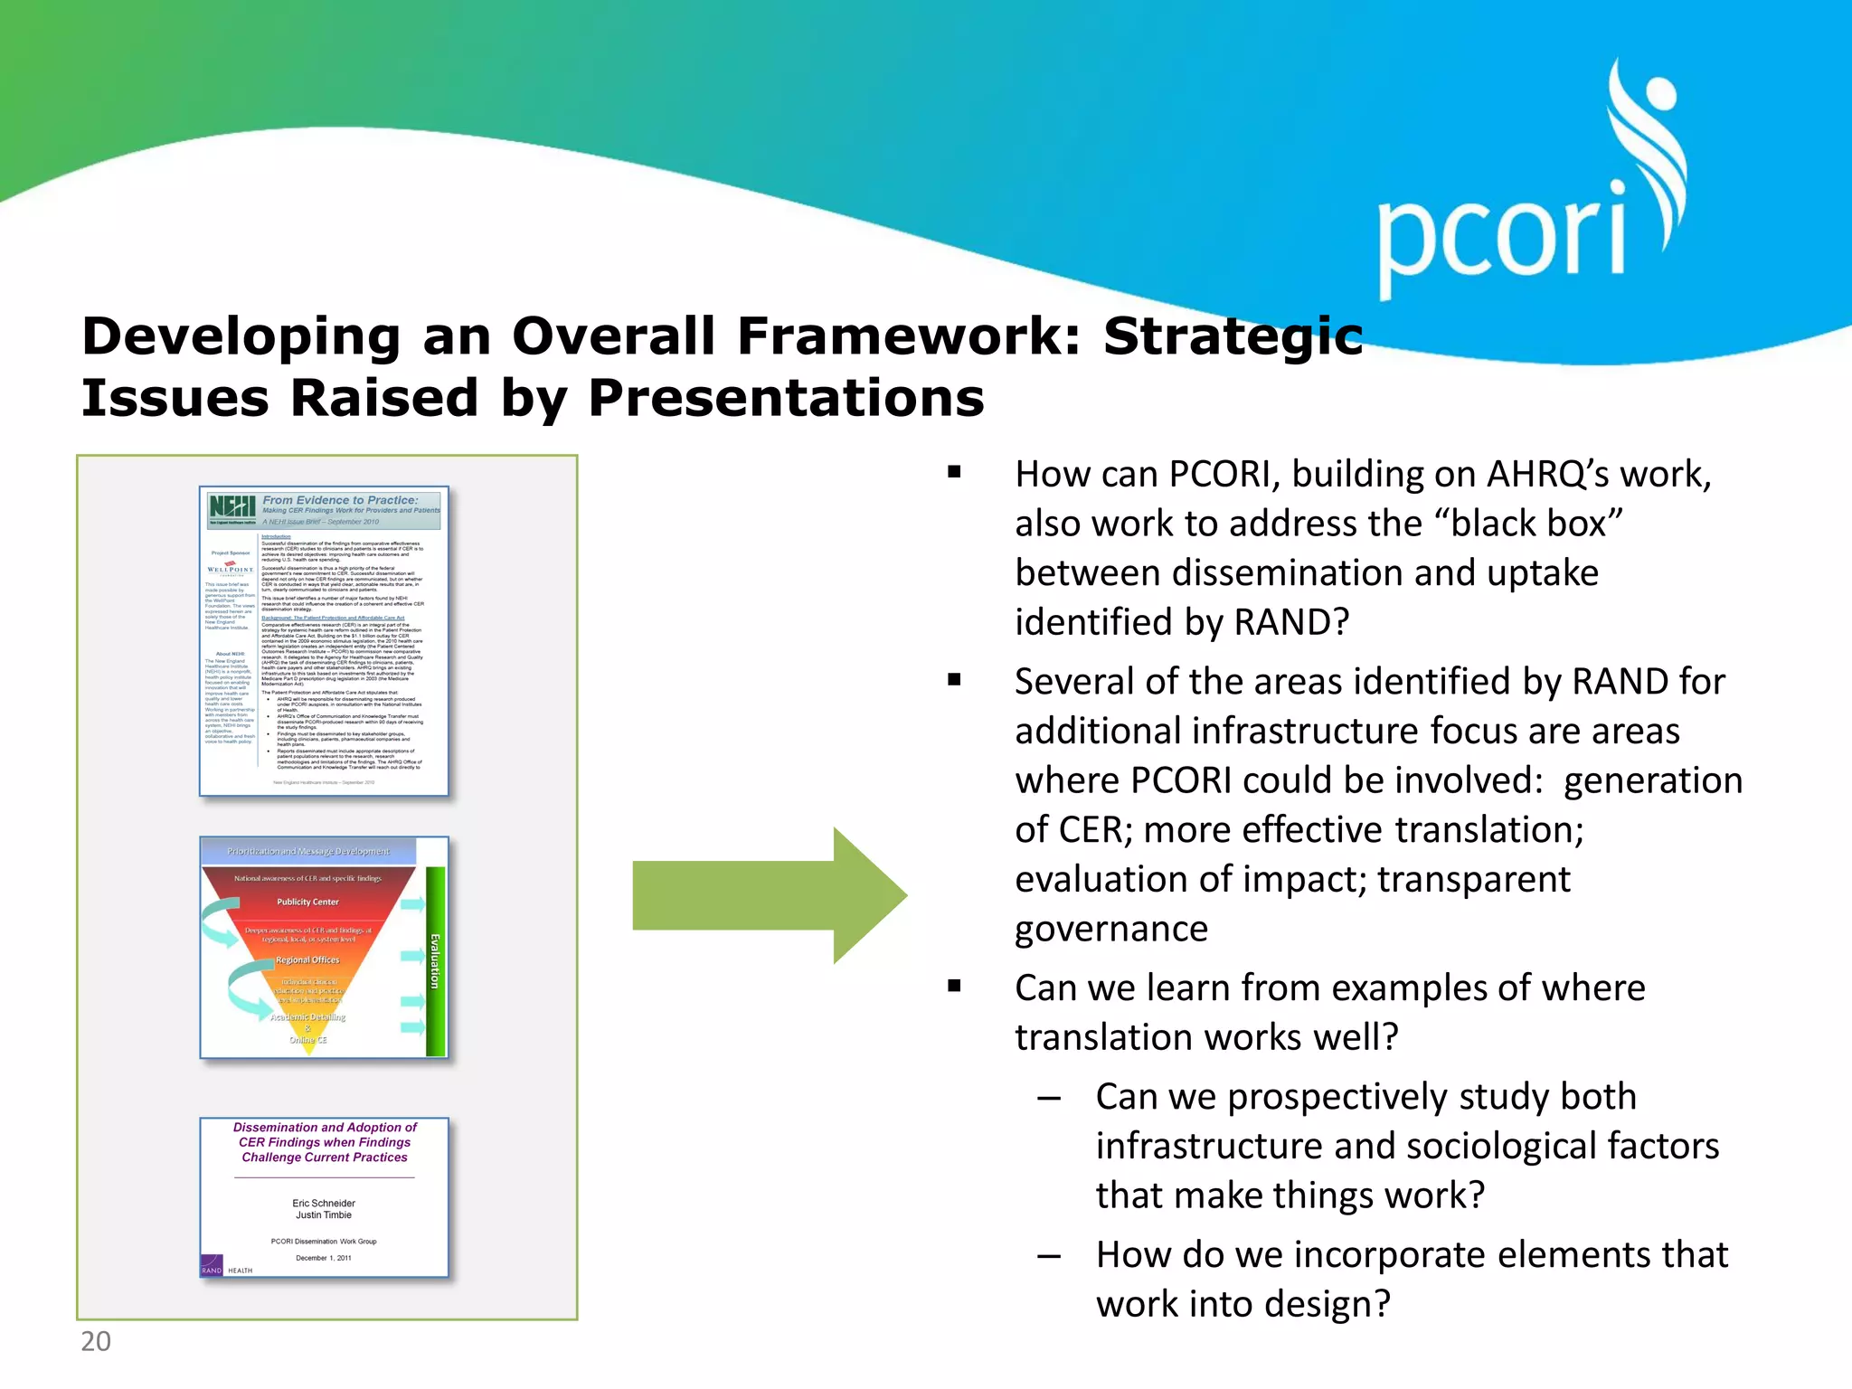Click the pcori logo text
click(x=1501, y=237)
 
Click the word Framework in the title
click(x=909, y=336)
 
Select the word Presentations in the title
click(x=786, y=398)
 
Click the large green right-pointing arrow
click(x=769, y=895)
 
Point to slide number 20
click(x=96, y=1341)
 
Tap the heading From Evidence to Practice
click(x=340, y=500)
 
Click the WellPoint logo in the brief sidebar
click(x=231, y=569)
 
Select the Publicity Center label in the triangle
click(x=307, y=902)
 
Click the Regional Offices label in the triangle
click(x=307, y=960)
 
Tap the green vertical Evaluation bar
click(x=435, y=960)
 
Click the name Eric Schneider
click(x=324, y=1204)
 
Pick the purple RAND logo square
click(x=212, y=1265)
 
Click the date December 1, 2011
click(x=324, y=1258)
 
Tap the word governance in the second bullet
click(x=1110, y=929)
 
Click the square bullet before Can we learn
click(x=954, y=986)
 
